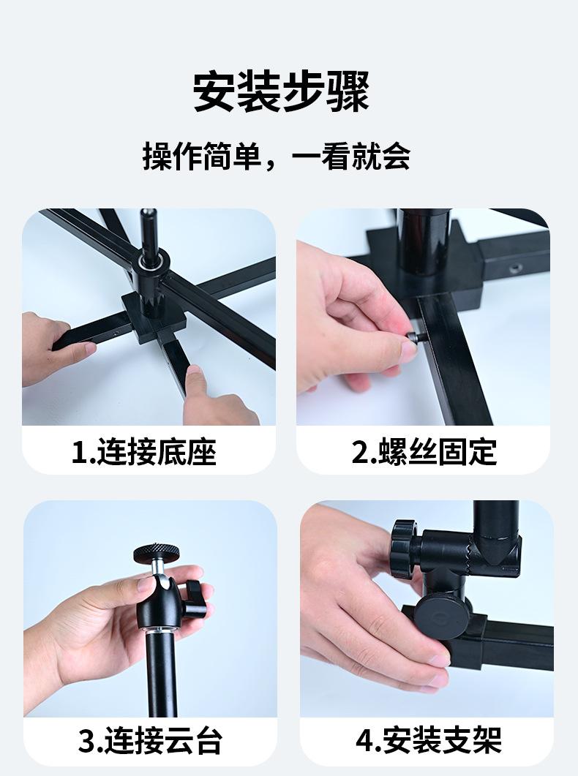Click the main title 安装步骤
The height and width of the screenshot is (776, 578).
click(281, 92)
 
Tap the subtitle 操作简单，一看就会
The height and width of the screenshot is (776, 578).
click(277, 157)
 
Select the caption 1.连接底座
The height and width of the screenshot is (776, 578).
click(144, 451)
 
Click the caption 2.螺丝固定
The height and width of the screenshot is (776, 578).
click(424, 451)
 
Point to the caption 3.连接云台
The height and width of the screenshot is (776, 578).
click(151, 740)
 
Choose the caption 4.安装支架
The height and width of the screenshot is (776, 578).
click(429, 740)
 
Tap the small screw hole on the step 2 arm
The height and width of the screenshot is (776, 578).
click(517, 269)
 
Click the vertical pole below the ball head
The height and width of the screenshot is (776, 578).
click(161, 672)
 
